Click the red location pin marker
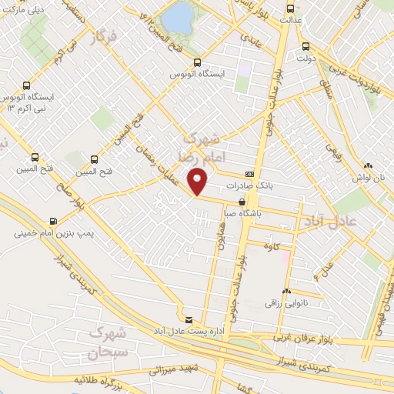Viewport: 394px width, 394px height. tap(199, 180)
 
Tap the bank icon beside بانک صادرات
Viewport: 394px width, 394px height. tap(249, 175)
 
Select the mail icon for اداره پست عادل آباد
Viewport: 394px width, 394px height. tap(189, 319)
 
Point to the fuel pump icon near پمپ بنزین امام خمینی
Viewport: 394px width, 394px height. tap(53, 219)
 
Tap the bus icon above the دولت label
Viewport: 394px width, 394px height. tap(306, 45)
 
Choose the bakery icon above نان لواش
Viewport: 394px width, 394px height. tap(369, 165)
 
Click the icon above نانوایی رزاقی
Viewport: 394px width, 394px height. tap(286, 292)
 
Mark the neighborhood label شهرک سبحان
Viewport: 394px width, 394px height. tap(105, 342)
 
